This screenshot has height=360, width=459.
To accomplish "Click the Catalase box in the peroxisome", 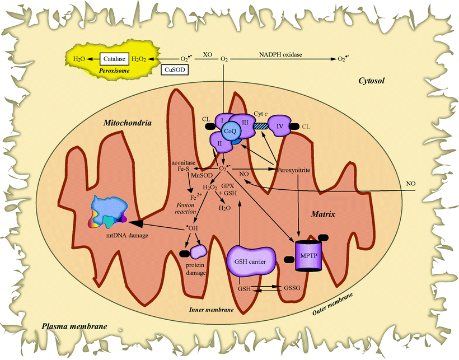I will (115, 58).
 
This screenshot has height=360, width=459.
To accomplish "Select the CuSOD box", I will (174, 71).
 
